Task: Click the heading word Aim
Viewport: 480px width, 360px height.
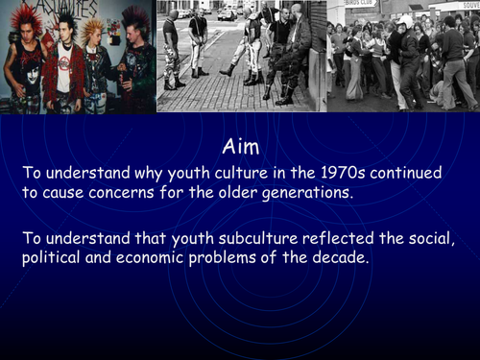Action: (x=240, y=146)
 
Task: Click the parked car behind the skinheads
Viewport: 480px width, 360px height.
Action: (x=227, y=13)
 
